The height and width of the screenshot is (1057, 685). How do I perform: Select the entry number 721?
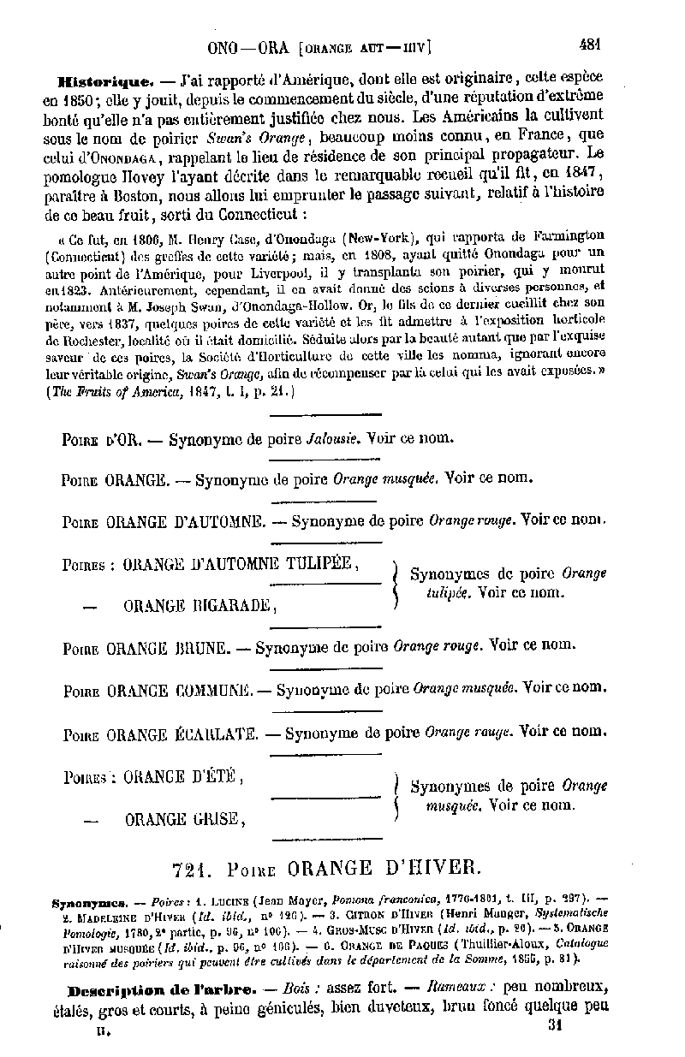tap(191, 870)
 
